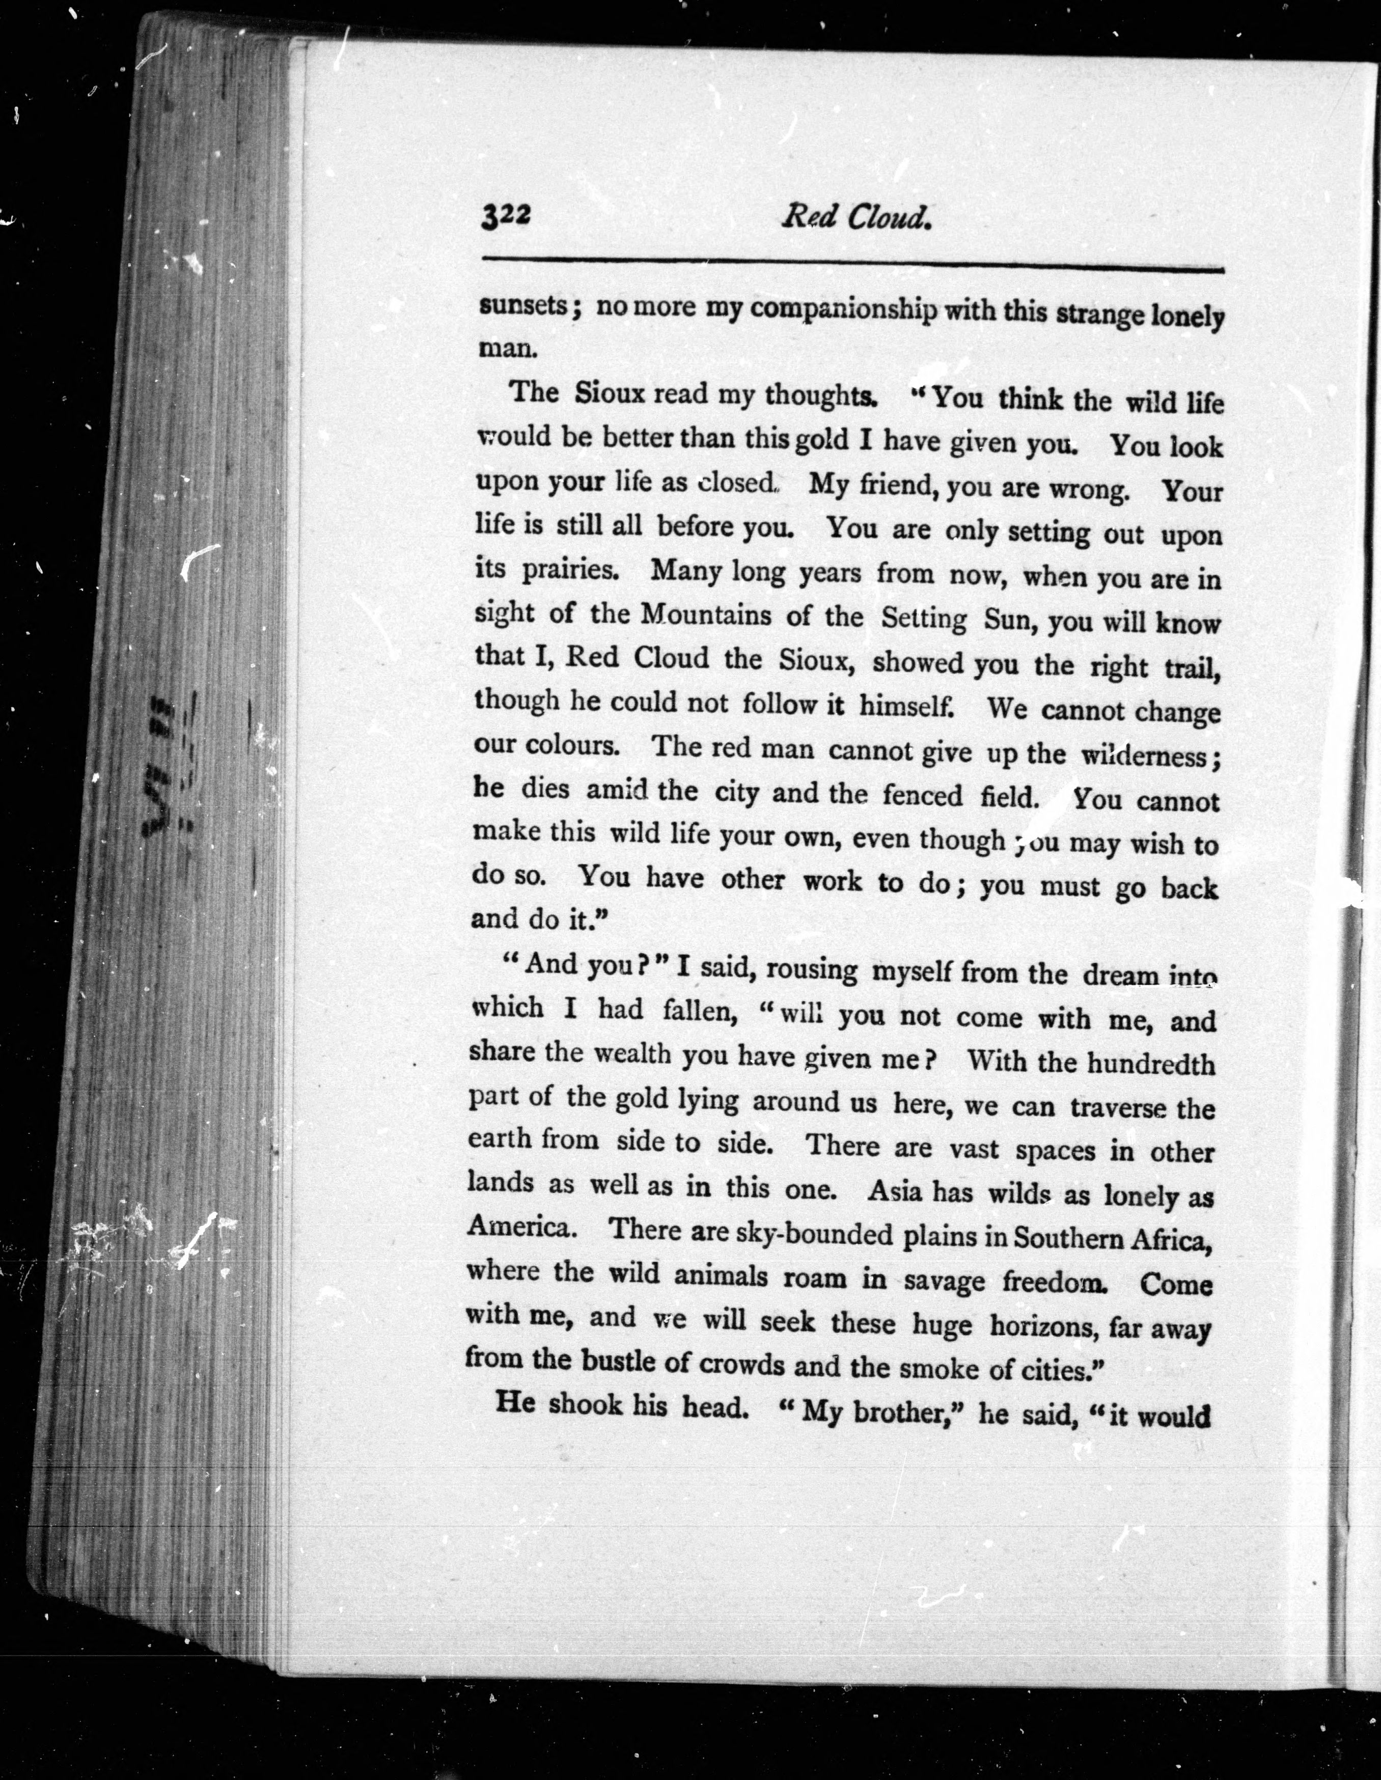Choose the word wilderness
(x=1147, y=756)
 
